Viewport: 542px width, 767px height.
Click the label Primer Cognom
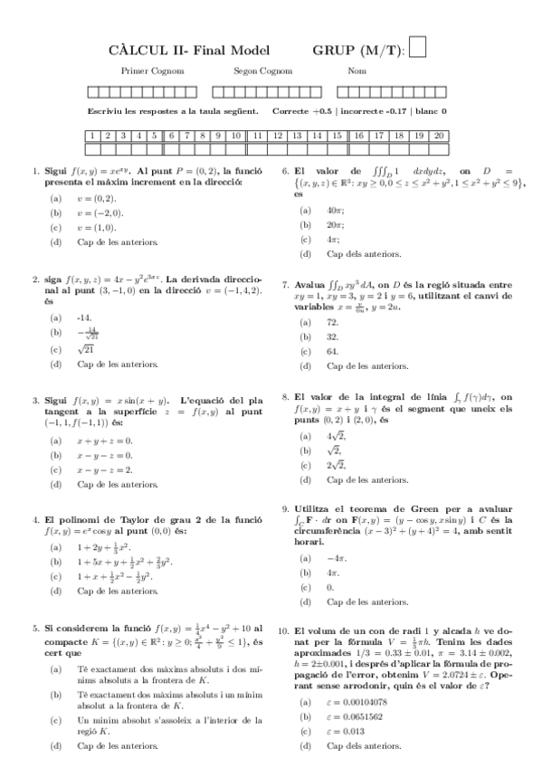(x=146, y=71)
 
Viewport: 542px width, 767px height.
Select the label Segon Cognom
(x=262, y=71)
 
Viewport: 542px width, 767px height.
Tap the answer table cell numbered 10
(x=235, y=136)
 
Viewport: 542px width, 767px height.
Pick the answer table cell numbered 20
(x=438, y=136)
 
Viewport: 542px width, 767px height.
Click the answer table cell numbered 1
(x=93, y=136)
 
